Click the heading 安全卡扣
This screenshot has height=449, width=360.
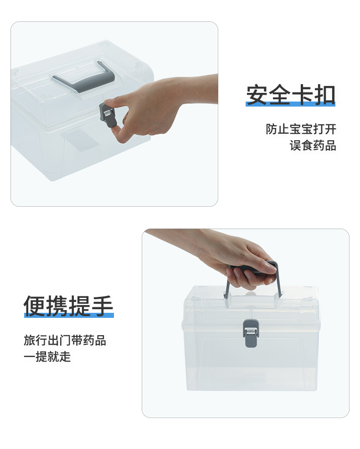[291, 95]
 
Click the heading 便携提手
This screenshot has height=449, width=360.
[68, 306]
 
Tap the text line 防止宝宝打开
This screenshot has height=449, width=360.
[301, 129]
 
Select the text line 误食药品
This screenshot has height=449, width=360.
[313, 145]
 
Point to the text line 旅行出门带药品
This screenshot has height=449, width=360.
[65, 340]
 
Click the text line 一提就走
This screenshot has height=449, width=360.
[47, 357]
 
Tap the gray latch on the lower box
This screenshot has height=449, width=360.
[251, 333]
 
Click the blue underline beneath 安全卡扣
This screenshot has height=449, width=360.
[291, 104]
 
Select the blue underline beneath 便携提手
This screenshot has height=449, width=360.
[69, 315]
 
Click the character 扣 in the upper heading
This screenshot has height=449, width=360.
[325, 95]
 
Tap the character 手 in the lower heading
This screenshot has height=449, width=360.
[103, 306]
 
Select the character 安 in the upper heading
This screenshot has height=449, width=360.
[257, 95]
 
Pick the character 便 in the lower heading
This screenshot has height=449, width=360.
[35, 306]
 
